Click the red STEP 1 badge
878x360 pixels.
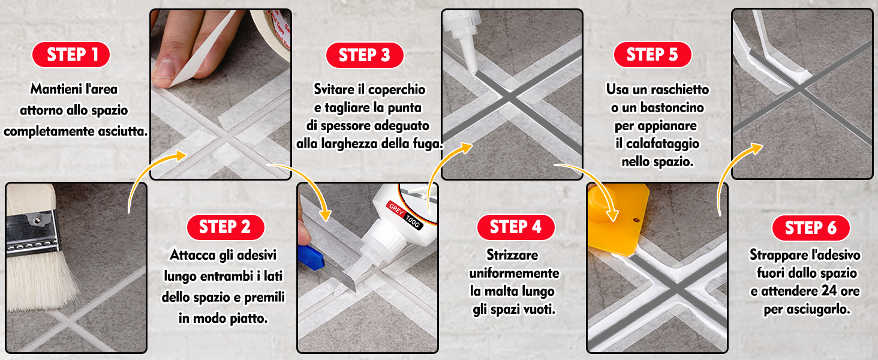71,55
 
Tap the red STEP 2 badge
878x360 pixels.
225,227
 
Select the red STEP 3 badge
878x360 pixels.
364,55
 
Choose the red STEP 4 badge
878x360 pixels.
516,227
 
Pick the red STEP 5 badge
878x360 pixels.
652,55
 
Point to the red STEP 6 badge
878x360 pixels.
810,228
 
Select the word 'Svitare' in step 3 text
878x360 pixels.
336,89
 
